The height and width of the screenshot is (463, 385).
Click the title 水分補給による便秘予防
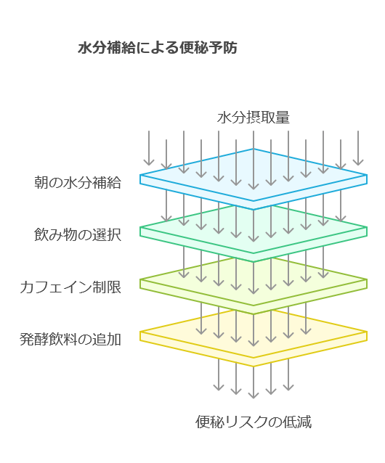pyautogui.click(x=158, y=48)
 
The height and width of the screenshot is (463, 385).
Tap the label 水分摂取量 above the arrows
pyautogui.click(x=254, y=118)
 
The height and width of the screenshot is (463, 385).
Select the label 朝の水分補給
pyautogui.click(x=78, y=182)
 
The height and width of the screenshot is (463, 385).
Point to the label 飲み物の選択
pyautogui.click(x=78, y=234)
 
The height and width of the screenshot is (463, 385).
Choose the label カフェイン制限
pyautogui.click(x=70, y=287)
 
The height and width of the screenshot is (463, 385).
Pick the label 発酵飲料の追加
pyautogui.click(x=70, y=340)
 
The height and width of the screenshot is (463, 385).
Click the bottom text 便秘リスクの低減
pyautogui.click(x=254, y=422)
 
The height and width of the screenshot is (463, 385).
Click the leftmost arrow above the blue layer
pyautogui.click(x=149, y=148)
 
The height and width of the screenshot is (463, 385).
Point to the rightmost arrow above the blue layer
pyautogui.click(x=358, y=148)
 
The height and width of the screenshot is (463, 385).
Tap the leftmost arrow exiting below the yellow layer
pyautogui.click(x=219, y=374)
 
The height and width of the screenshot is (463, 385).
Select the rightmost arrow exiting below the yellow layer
pyautogui.click(x=288, y=374)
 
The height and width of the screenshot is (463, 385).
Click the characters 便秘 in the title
pyautogui.click(x=193, y=48)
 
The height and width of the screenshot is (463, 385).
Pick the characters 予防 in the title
pyautogui.click(x=223, y=48)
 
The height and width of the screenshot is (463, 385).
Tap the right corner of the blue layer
pyautogui.click(x=367, y=175)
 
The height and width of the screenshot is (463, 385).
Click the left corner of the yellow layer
pyautogui.click(x=140, y=332)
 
